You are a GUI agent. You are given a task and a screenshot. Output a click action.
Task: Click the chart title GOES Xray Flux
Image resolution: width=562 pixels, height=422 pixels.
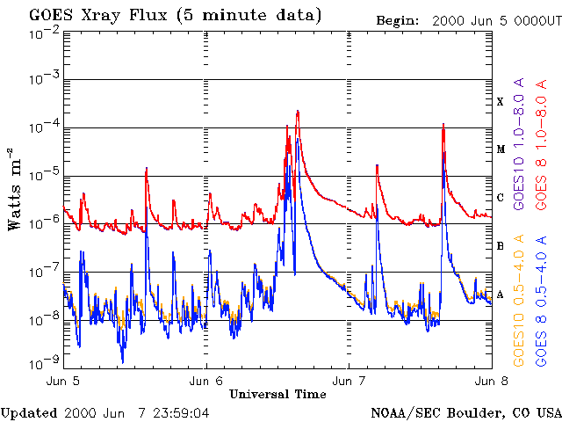pyautogui.click(x=97, y=16)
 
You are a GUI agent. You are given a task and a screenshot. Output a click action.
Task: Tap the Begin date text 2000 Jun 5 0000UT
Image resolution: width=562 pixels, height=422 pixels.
pyautogui.click(x=497, y=21)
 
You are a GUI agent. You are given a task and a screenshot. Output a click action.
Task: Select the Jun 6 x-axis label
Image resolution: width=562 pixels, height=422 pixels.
pyautogui.click(x=206, y=382)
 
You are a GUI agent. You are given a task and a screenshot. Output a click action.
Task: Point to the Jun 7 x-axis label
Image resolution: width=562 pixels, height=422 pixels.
pyautogui.click(x=349, y=382)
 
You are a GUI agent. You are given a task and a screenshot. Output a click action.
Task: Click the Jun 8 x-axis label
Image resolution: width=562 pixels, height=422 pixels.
pyautogui.click(x=492, y=382)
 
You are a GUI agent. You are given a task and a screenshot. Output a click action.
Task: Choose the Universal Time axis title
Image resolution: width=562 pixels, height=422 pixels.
pyautogui.click(x=277, y=395)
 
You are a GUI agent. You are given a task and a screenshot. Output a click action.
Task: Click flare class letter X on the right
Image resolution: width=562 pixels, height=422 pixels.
pyautogui.click(x=501, y=102)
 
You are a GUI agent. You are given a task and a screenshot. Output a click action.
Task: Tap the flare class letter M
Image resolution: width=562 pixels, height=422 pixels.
pyautogui.click(x=501, y=149)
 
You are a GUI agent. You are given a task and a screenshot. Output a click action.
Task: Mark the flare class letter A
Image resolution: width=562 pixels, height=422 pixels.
pyautogui.click(x=501, y=295)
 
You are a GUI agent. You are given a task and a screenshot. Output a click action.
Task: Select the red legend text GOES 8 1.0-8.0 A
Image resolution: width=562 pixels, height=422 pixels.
pyautogui.click(x=541, y=144)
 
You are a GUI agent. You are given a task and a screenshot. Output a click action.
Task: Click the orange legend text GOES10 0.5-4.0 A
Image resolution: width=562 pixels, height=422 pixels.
pyautogui.click(x=519, y=301)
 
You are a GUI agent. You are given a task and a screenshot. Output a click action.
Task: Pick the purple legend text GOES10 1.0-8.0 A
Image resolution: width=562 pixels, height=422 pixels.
pyautogui.click(x=519, y=143)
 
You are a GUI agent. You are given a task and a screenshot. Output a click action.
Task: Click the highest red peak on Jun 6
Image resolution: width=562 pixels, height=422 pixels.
pyautogui.click(x=298, y=112)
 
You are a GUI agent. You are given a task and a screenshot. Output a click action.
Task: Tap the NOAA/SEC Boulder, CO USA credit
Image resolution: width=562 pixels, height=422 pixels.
pyautogui.click(x=465, y=413)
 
